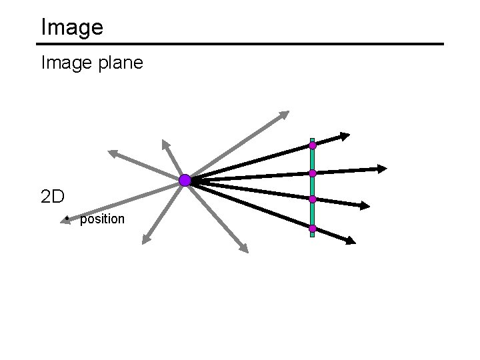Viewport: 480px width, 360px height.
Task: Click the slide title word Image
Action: pyautogui.click(x=72, y=27)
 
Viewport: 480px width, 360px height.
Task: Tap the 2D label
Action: pyautogui.click(x=53, y=197)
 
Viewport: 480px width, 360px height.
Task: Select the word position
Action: pyautogui.click(x=102, y=219)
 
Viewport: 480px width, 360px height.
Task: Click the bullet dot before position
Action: pyautogui.click(x=67, y=218)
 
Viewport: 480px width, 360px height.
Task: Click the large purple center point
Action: pyautogui.click(x=185, y=180)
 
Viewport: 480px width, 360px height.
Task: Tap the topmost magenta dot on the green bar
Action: pyautogui.click(x=312, y=145)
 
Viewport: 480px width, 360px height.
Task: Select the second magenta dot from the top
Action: pyautogui.click(x=312, y=173)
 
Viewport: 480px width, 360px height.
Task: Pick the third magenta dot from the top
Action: pyautogui.click(x=312, y=199)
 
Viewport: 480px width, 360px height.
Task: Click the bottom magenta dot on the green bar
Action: pyautogui.click(x=312, y=229)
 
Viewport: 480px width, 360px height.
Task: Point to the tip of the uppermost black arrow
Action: pyautogui.click(x=344, y=136)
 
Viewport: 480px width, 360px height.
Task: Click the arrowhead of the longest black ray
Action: pyautogui.click(x=382, y=169)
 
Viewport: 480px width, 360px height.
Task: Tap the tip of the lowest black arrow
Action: pyautogui.click(x=351, y=241)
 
